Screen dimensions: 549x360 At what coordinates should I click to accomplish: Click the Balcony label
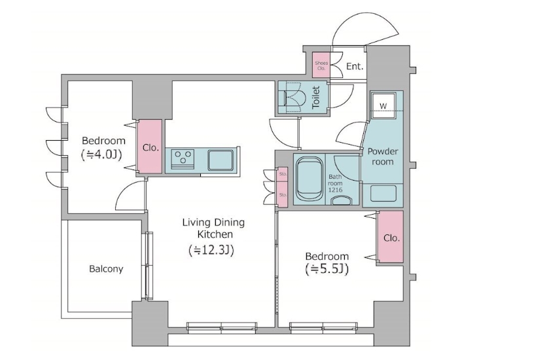click(106, 269)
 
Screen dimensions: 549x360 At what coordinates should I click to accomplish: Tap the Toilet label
click(316, 97)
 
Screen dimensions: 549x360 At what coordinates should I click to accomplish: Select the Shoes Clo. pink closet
click(321, 65)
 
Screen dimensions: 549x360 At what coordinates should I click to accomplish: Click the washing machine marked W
click(383, 105)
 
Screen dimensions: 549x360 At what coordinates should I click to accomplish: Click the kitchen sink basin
click(221, 160)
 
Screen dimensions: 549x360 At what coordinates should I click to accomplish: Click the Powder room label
click(383, 156)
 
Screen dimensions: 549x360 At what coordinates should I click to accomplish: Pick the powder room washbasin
click(383, 193)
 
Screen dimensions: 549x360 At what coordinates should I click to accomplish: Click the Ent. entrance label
click(355, 66)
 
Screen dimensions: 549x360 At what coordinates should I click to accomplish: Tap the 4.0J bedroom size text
click(101, 154)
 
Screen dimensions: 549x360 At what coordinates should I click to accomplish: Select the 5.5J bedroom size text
click(327, 269)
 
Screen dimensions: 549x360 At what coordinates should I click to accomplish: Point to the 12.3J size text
click(211, 250)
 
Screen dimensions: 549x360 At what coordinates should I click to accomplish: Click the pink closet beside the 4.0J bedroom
click(149, 147)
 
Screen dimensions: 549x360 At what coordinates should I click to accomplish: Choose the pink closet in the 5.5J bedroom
click(391, 237)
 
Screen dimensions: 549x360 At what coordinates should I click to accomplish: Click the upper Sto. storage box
click(283, 174)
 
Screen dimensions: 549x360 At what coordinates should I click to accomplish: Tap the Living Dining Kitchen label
click(214, 228)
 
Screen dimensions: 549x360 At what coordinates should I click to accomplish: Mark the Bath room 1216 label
click(335, 183)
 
